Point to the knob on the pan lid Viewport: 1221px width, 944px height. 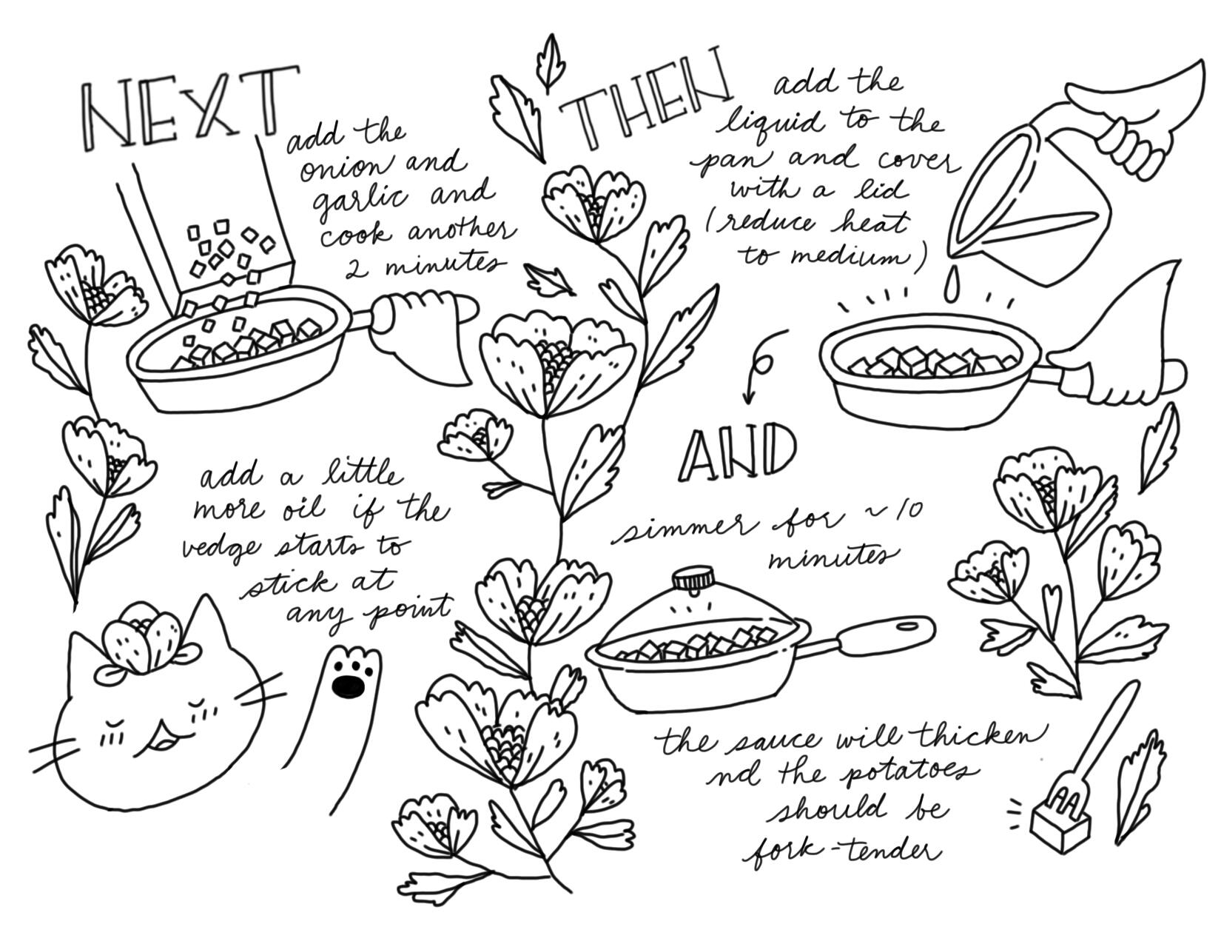pyautogui.click(x=694, y=578)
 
